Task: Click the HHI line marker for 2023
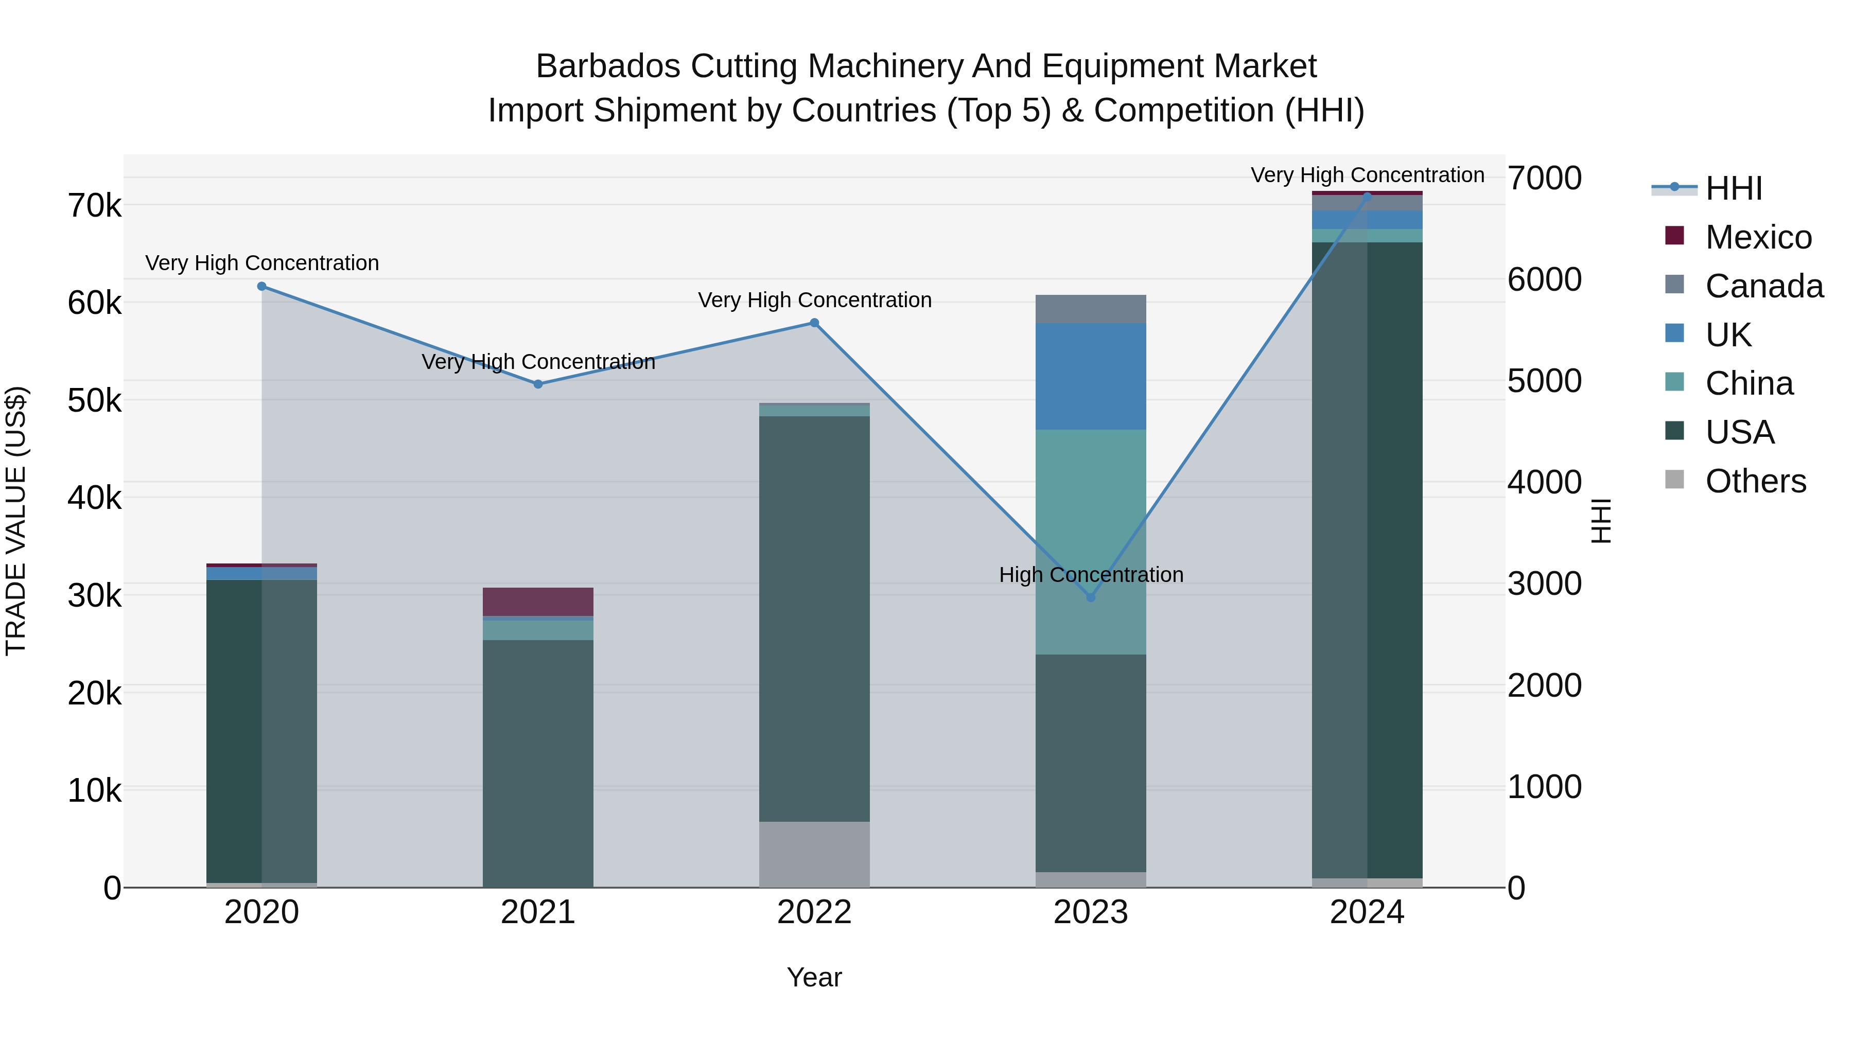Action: [1091, 597]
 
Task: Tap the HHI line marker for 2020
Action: [262, 286]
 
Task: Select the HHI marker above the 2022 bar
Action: [814, 323]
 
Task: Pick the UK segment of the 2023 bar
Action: [1091, 376]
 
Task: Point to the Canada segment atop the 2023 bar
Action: [1091, 309]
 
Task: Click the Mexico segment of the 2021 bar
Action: [538, 601]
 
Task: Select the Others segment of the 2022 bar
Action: [814, 854]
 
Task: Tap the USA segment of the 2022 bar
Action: [814, 619]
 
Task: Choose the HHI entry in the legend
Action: [1734, 188]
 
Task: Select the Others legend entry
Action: [1755, 481]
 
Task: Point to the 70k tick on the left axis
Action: [94, 206]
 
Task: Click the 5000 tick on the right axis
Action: [1544, 381]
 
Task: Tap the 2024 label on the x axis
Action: [1367, 912]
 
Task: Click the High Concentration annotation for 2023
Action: [1091, 575]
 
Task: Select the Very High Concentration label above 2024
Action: [1367, 175]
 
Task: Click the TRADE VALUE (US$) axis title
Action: [16, 521]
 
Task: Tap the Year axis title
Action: [814, 977]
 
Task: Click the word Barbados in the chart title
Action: [608, 66]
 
